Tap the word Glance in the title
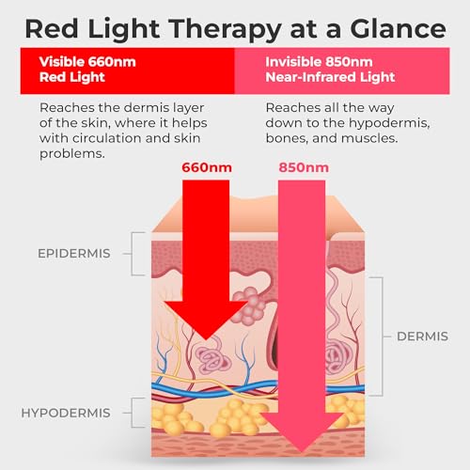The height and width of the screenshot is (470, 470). [x=398, y=29]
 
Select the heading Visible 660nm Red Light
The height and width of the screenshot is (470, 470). [x=87, y=70]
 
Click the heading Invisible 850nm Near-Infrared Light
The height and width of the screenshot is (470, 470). [x=330, y=70]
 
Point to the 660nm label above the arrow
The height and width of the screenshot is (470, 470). [x=207, y=167]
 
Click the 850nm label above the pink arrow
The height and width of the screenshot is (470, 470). [x=304, y=167]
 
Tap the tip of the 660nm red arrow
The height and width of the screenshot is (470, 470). [x=206, y=340]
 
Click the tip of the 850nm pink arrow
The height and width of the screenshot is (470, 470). [x=302, y=452]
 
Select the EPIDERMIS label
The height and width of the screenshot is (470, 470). [x=74, y=254]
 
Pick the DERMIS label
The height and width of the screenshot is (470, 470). [x=422, y=337]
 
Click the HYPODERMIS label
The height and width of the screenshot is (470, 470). [x=66, y=413]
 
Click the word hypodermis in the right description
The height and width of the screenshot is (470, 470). [x=389, y=123]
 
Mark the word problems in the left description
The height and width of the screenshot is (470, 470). [x=72, y=154]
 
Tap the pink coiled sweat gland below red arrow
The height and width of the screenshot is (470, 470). [x=212, y=358]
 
